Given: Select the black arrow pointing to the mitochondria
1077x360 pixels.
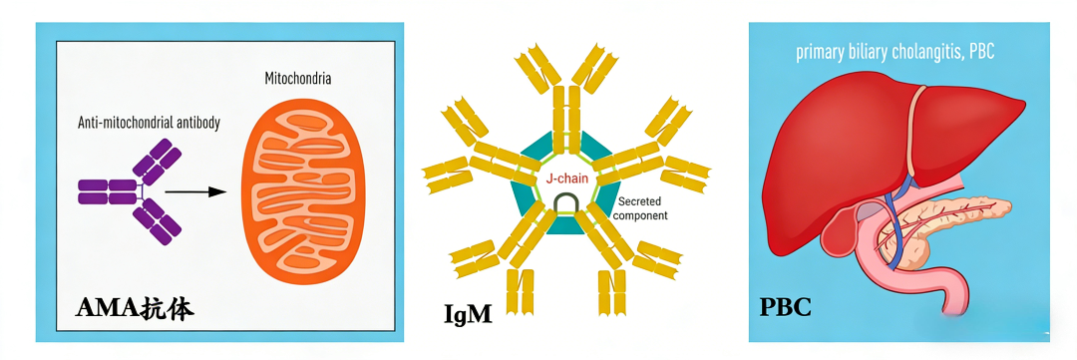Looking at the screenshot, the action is pyautogui.click(x=195, y=192).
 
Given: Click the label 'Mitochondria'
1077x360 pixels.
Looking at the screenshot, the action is pyautogui.click(x=298, y=79).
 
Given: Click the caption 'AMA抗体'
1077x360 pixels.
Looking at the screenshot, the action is pyautogui.click(x=135, y=309).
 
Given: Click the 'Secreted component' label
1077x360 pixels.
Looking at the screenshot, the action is pyautogui.click(x=640, y=208).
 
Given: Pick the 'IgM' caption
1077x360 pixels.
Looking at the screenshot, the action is pyautogui.click(x=468, y=313).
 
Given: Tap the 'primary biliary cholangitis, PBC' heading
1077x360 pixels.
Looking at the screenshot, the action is pyautogui.click(x=896, y=53).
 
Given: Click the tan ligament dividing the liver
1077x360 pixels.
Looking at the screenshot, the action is pyautogui.click(x=914, y=131).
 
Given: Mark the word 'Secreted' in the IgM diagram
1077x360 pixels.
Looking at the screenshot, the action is pyautogui.click(x=638, y=202).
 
